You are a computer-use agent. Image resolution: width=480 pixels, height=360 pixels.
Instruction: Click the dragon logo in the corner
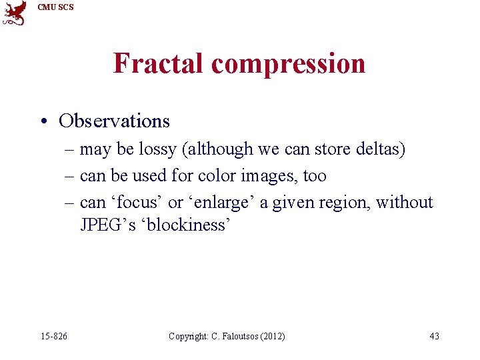[x=14, y=13]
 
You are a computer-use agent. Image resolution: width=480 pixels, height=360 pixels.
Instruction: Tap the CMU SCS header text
[x=56, y=7]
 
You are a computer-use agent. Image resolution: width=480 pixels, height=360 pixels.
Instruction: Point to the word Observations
[x=114, y=121]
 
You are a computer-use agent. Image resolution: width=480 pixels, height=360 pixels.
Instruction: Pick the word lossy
[x=157, y=149]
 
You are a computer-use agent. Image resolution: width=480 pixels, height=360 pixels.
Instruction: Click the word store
[x=329, y=149]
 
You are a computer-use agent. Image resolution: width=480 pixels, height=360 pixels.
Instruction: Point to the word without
[x=405, y=202]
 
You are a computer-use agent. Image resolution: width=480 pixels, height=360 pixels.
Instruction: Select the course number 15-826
[x=54, y=336]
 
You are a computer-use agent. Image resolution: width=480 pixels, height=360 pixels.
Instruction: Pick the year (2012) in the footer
[x=272, y=336]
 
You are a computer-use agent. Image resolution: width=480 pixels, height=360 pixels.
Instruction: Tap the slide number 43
[x=434, y=336]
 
